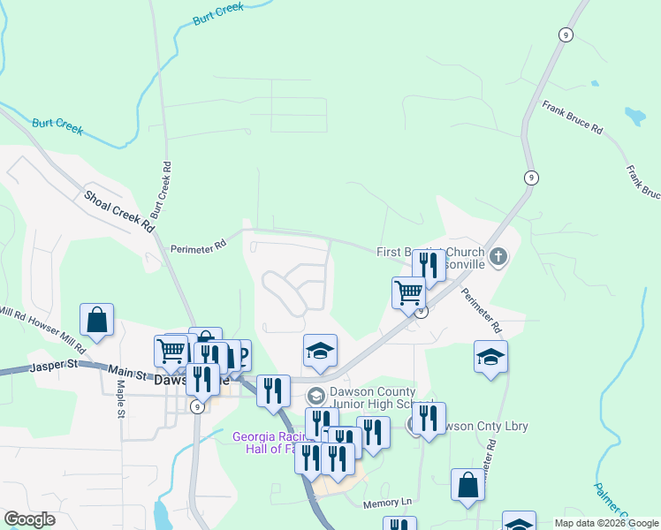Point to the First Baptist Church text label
pos(430,253)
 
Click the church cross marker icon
pos(498,257)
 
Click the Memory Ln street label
pos(388,503)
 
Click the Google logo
pos(29,519)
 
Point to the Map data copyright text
pos(605,523)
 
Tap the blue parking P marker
pos(239,355)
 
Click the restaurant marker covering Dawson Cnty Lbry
pos(429,418)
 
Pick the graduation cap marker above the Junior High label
pos(320,350)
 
